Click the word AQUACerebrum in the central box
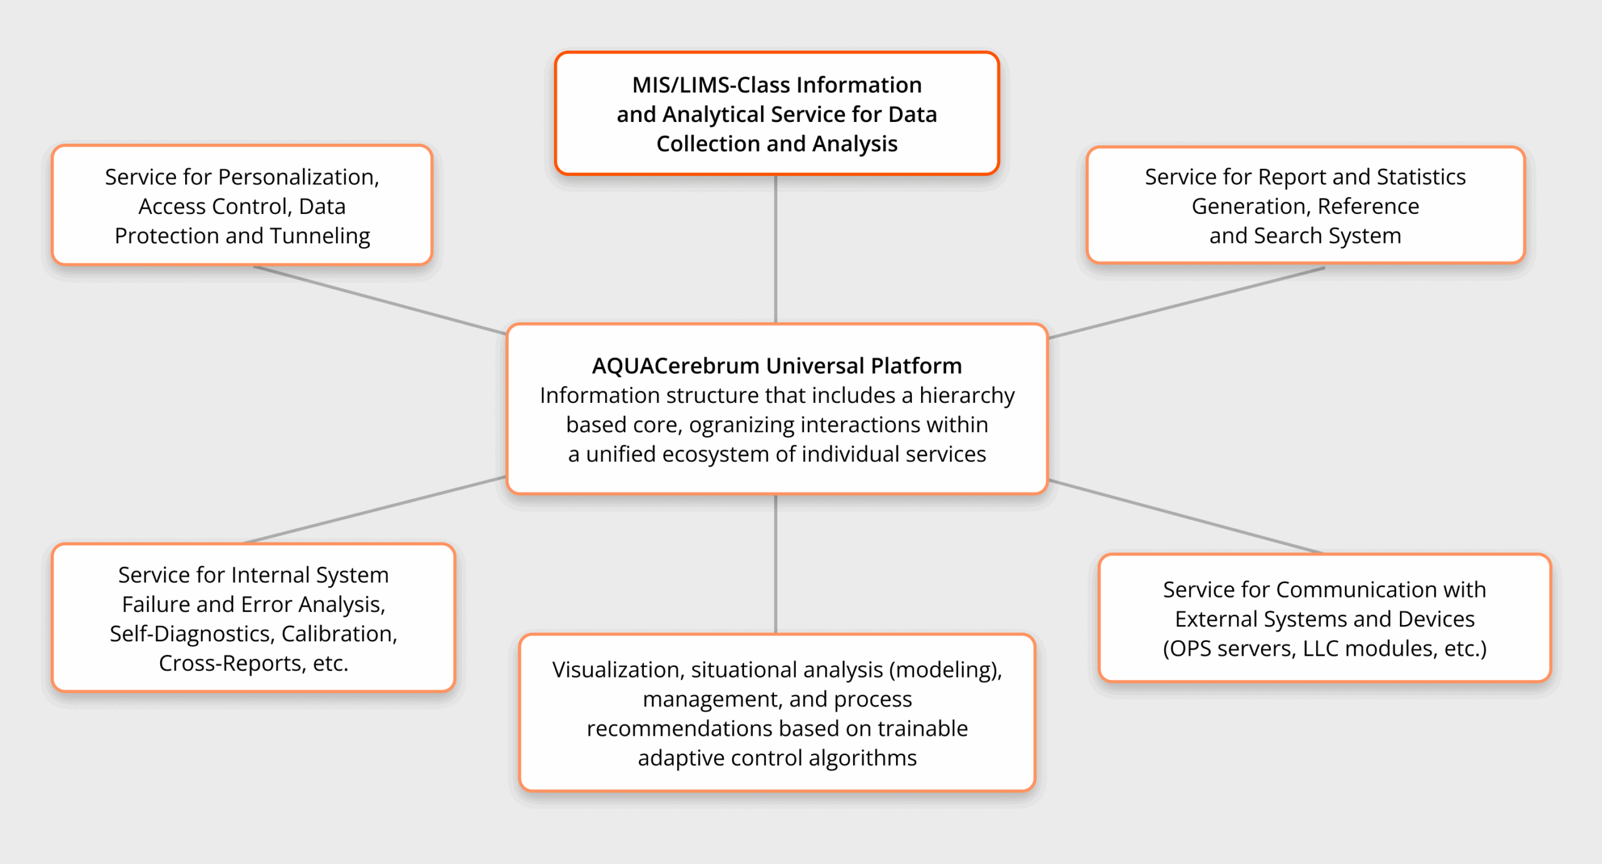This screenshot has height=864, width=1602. (x=675, y=366)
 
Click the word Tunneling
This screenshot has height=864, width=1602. (x=320, y=236)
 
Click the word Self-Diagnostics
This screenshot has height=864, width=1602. (x=192, y=634)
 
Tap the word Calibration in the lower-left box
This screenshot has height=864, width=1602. (x=339, y=634)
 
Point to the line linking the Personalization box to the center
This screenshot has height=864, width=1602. (x=380, y=300)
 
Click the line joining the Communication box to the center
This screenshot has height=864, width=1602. (x=1186, y=517)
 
